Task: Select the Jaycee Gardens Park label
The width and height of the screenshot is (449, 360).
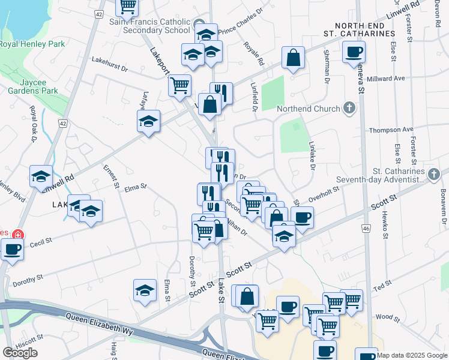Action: pyautogui.click(x=33, y=86)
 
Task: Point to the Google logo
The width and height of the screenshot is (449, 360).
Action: pyautogui.click(x=20, y=353)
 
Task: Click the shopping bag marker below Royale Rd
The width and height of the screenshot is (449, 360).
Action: pyautogui.click(x=294, y=58)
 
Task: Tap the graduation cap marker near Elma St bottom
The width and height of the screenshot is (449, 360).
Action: pyautogui.click(x=145, y=291)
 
